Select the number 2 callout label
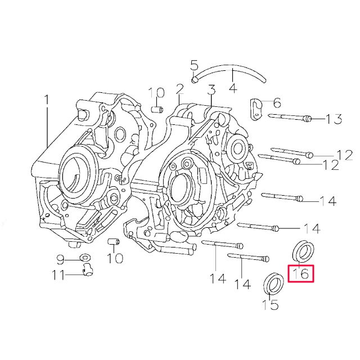point(179,89)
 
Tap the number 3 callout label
point(211,90)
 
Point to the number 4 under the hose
point(232,88)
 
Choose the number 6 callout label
point(277,103)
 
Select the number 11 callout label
point(58,275)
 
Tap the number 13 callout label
point(334,119)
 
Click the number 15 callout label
point(271,305)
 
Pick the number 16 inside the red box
point(301,274)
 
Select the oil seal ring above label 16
point(302,250)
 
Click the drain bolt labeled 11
point(87,273)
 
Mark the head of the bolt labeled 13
point(307,119)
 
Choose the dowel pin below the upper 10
point(157,108)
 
